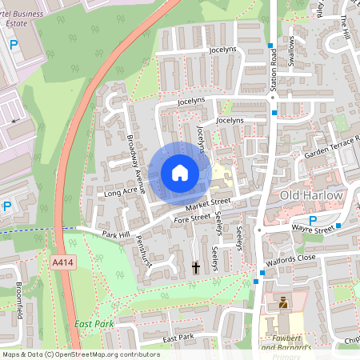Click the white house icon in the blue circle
pos(180,172)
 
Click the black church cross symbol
pos(196,267)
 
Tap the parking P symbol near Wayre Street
pos(314,221)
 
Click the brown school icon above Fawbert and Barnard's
pos(282,302)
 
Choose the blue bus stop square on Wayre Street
pos(338,226)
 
